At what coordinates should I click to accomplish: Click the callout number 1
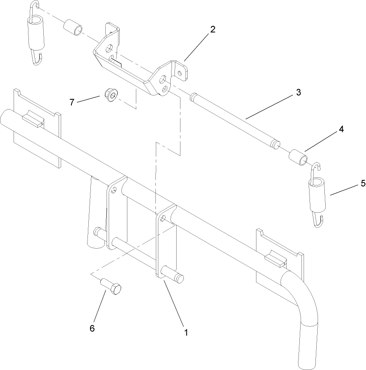[x=185, y=332]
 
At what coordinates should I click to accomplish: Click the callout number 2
[x=213, y=29]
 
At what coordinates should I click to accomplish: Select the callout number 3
[x=298, y=92]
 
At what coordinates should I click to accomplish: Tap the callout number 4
[x=341, y=130]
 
